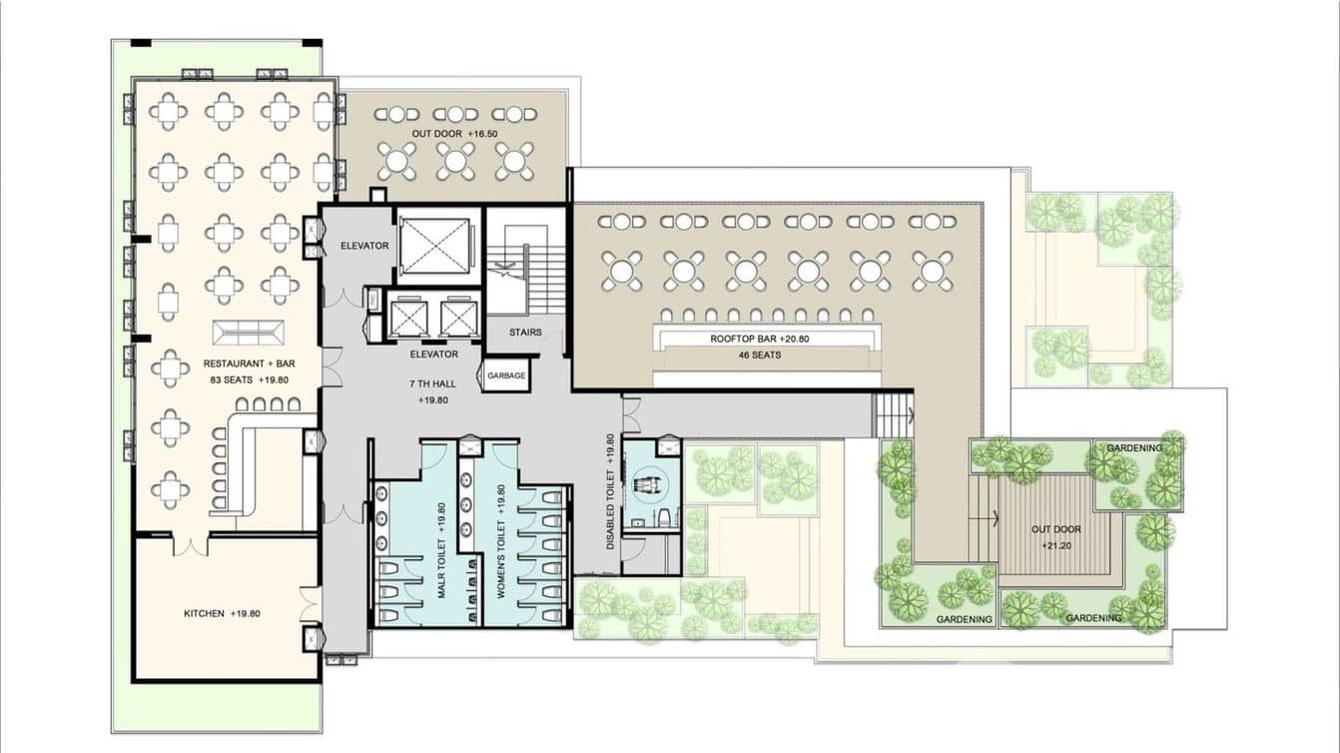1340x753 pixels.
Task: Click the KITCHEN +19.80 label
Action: pyautogui.click(x=222, y=613)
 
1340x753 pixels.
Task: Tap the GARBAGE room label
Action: pyautogui.click(x=506, y=376)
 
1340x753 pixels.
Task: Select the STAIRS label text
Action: pyautogui.click(x=525, y=332)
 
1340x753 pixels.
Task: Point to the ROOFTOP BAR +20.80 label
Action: pyautogui.click(x=759, y=339)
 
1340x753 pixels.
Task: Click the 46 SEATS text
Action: pyautogui.click(x=759, y=355)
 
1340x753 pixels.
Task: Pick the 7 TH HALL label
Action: pyautogui.click(x=432, y=383)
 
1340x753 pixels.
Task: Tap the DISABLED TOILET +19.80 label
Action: pyautogui.click(x=610, y=491)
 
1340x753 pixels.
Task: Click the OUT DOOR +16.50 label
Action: pyautogui.click(x=454, y=134)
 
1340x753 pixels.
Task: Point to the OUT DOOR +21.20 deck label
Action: pyautogui.click(x=1055, y=537)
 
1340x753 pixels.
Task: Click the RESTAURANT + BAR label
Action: pyautogui.click(x=249, y=364)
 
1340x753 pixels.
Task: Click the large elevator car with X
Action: pyautogui.click(x=435, y=246)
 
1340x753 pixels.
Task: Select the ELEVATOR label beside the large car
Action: pyautogui.click(x=364, y=246)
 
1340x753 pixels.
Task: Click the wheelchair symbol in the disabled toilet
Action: pyautogui.click(x=650, y=482)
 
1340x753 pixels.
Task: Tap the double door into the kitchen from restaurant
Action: pyautogui.click(x=191, y=545)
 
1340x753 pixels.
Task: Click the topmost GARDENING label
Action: pyautogui.click(x=1134, y=448)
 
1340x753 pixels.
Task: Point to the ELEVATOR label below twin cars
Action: pyautogui.click(x=433, y=355)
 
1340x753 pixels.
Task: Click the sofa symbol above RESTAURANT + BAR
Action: pyautogui.click(x=249, y=333)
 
